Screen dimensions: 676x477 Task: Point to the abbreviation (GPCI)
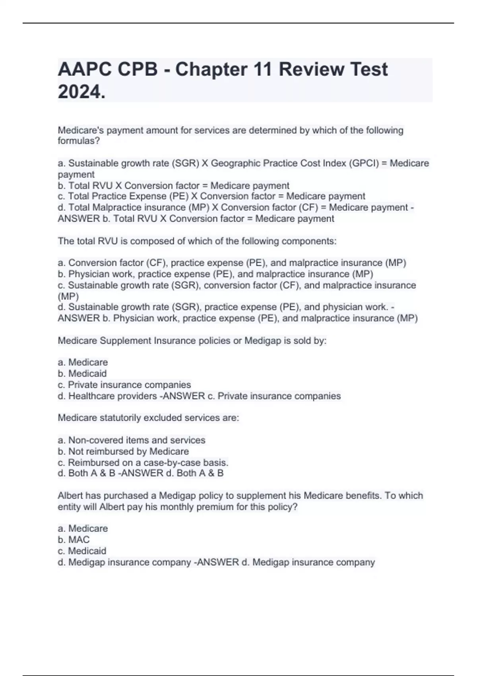tap(363, 163)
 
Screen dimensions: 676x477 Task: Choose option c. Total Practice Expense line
tap(211, 196)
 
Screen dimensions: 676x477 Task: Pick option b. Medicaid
tap(82, 373)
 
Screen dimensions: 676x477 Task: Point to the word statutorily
tap(120, 418)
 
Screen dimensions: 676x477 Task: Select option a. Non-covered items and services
tap(132, 440)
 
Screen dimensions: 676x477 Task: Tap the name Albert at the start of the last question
tap(70, 495)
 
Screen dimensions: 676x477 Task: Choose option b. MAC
tap(74, 540)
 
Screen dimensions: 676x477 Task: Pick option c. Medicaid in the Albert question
tap(82, 551)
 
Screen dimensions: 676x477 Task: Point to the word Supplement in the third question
tap(127, 340)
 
